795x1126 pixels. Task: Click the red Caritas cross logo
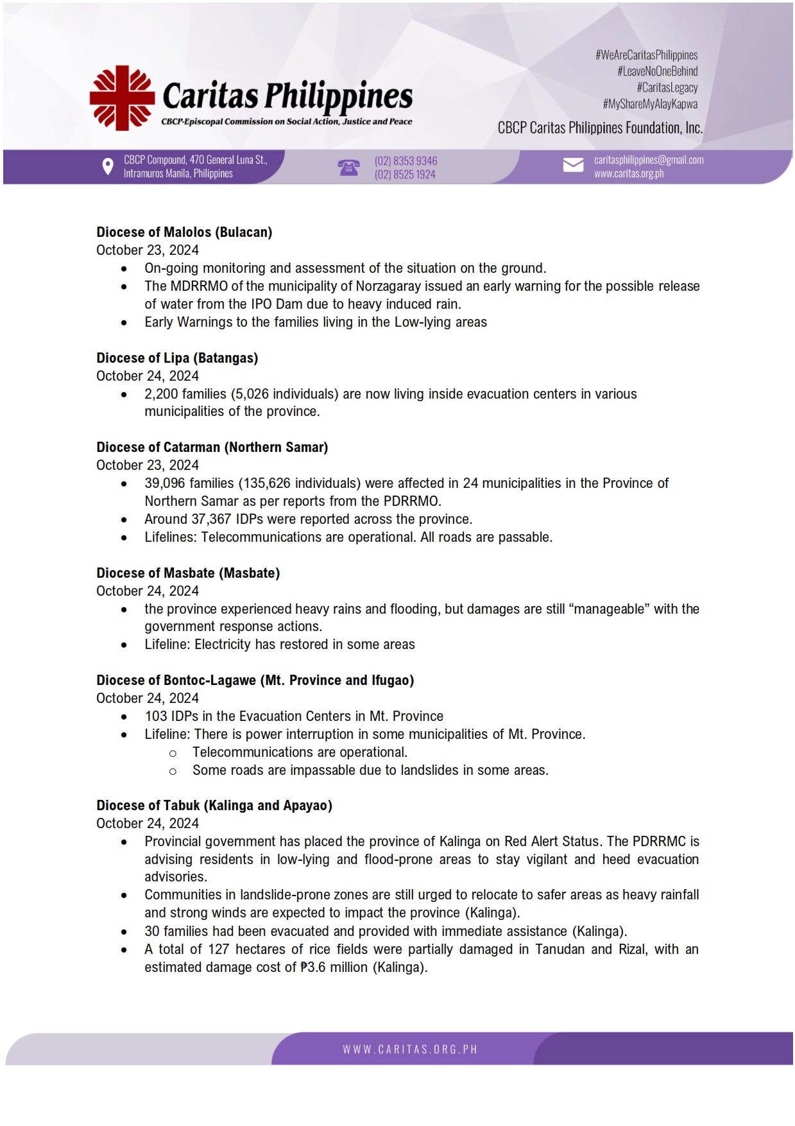click(122, 98)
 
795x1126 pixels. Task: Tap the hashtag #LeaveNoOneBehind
click(657, 71)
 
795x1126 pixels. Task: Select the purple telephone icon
click(348, 168)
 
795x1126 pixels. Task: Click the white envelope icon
click(573, 166)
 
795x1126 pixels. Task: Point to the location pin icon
click(108, 167)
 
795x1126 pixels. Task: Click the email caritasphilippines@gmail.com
click(648, 160)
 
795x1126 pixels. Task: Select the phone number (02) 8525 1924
click(405, 175)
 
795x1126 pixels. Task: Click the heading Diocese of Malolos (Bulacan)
click(184, 232)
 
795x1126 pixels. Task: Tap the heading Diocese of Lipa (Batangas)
click(177, 358)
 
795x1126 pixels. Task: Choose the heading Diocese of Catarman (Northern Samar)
click(212, 447)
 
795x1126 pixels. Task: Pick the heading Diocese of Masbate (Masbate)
click(188, 573)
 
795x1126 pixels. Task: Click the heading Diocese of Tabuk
click(214, 806)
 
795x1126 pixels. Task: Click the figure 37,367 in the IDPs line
click(211, 519)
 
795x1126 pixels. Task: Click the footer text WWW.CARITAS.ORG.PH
click(409, 1050)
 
